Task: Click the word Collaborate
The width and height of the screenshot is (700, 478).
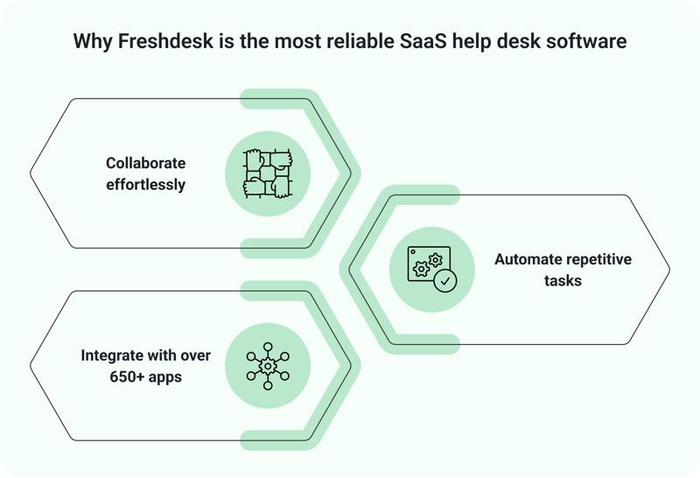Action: click(x=146, y=163)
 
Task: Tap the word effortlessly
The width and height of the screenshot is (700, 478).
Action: click(x=146, y=185)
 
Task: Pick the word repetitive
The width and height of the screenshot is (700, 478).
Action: click(x=598, y=260)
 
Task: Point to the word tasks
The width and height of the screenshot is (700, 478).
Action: click(x=563, y=282)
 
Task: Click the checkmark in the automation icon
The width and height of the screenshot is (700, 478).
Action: click(x=445, y=281)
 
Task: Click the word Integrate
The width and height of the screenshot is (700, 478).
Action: click(x=114, y=356)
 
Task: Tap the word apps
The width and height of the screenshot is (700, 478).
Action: click(x=162, y=378)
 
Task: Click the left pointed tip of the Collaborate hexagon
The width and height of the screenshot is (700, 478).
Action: click(x=31, y=173)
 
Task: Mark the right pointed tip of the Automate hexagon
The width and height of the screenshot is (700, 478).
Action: click(x=668, y=270)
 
